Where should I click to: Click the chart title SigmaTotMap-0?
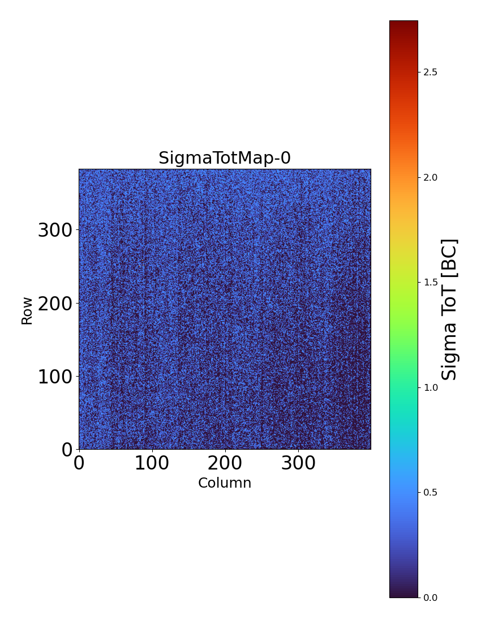click(x=225, y=159)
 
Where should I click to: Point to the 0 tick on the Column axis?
click(x=79, y=463)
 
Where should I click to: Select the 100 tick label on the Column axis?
click(x=152, y=463)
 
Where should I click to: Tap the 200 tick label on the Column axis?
click(x=225, y=463)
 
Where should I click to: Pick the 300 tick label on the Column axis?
click(x=298, y=463)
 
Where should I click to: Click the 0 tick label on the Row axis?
click(x=67, y=449)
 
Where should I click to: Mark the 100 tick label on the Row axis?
click(x=55, y=377)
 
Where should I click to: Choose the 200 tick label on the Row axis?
click(x=55, y=304)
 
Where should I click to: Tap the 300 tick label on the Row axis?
click(x=55, y=231)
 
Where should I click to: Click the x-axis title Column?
click(x=225, y=483)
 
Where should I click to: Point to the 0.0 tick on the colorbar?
click(x=430, y=598)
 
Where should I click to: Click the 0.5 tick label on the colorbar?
click(x=430, y=492)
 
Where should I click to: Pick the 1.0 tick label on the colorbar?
click(x=430, y=387)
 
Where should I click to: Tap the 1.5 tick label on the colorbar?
click(x=430, y=282)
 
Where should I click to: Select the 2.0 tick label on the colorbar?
click(x=430, y=177)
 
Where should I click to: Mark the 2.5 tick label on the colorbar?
click(x=430, y=72)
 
